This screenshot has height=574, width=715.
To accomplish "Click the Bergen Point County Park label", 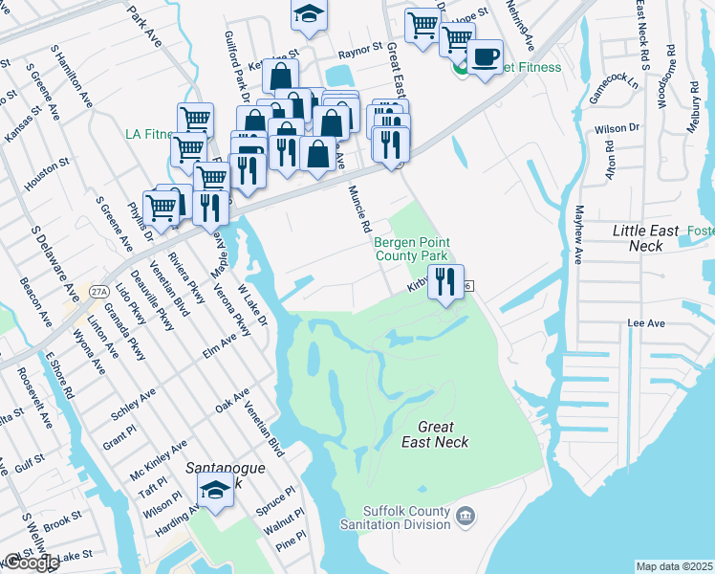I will [x=411, y=250].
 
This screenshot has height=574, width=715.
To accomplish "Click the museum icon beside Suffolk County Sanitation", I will [x=465, y=518].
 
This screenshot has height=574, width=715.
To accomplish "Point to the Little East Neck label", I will [x=645, y=238].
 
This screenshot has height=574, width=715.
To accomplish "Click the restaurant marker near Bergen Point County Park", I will [x=445, y=282].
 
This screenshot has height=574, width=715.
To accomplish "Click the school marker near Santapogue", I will [x=216, y=492].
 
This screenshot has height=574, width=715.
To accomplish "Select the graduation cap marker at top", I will [x=309, y=13].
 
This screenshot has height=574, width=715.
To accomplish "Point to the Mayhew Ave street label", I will [x=578, y=233].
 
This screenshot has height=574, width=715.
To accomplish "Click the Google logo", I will [x=31, y=562].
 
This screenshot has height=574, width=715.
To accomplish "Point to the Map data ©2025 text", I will [x=675, y=566].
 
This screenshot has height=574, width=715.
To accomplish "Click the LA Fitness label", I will [x=147, y=134].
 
